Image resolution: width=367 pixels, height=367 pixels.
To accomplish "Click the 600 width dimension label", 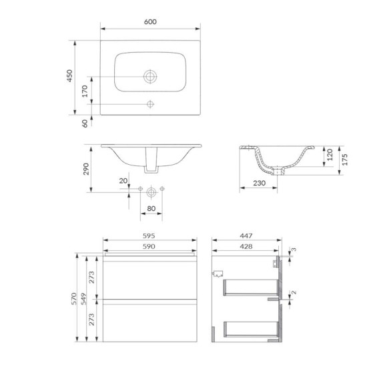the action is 150,22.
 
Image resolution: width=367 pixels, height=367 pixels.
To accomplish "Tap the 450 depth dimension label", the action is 69,75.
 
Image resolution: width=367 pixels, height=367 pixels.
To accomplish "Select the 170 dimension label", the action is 85,91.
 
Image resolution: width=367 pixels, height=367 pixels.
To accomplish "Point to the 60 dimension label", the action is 85,123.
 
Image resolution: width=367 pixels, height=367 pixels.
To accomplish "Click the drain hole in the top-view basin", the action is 150,76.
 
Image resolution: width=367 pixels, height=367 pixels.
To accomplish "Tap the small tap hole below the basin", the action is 150,104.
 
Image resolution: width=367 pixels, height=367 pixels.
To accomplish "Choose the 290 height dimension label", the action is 86,169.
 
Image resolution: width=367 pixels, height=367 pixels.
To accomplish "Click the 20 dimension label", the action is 123,181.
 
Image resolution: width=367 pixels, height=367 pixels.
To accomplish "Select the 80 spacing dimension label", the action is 151,208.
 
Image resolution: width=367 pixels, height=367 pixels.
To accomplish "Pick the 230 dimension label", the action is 259,183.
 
